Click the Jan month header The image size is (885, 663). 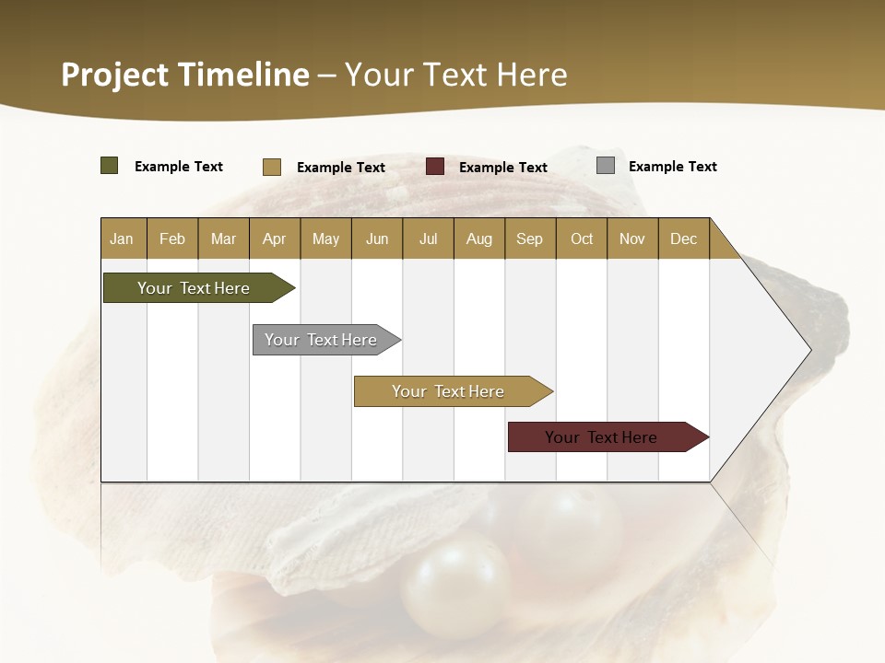(x=123, y=238)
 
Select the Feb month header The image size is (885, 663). (x=172, y=238)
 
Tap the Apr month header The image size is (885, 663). (x=275, y=238)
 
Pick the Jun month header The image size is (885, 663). (x=377, y=238)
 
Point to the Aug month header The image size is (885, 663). (x=479, y=238)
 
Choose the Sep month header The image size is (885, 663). (x=530, y=238)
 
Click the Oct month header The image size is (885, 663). (x=582, y=238)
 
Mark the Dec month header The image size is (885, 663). (x=684, y=238)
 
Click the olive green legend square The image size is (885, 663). (x=110, y=166)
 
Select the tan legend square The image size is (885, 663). (x=272, y=167)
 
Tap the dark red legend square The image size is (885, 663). (x=435, y=167)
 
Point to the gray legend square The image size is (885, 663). (x=606, y=166)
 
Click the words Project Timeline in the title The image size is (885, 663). (x=185, y=75)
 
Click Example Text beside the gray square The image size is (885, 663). (x=672, y=167)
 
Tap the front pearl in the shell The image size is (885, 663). (x=455, y=588)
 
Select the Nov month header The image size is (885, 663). (x=632, y=238)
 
